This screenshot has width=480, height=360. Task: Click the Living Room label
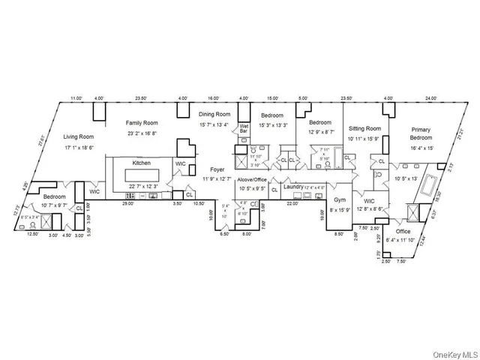tap(78, 136)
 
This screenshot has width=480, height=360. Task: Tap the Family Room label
tap(142, 121)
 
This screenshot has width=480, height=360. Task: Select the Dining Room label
tap(215, 114)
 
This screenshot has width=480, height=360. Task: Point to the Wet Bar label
tap(244, 128)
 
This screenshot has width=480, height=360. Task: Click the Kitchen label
tap(142, 163)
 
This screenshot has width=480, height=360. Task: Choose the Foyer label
tap(217, 169)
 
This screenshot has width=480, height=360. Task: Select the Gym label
tap(340, 200)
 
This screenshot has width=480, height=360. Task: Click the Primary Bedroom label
tap(420, 134)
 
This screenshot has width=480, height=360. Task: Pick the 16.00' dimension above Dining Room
tap(213, 98)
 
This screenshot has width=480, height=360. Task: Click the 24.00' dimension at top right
tap(430, 98)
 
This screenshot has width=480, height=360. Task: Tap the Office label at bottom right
tap(403, 232)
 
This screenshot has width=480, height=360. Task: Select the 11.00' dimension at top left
tap(76, 98)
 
